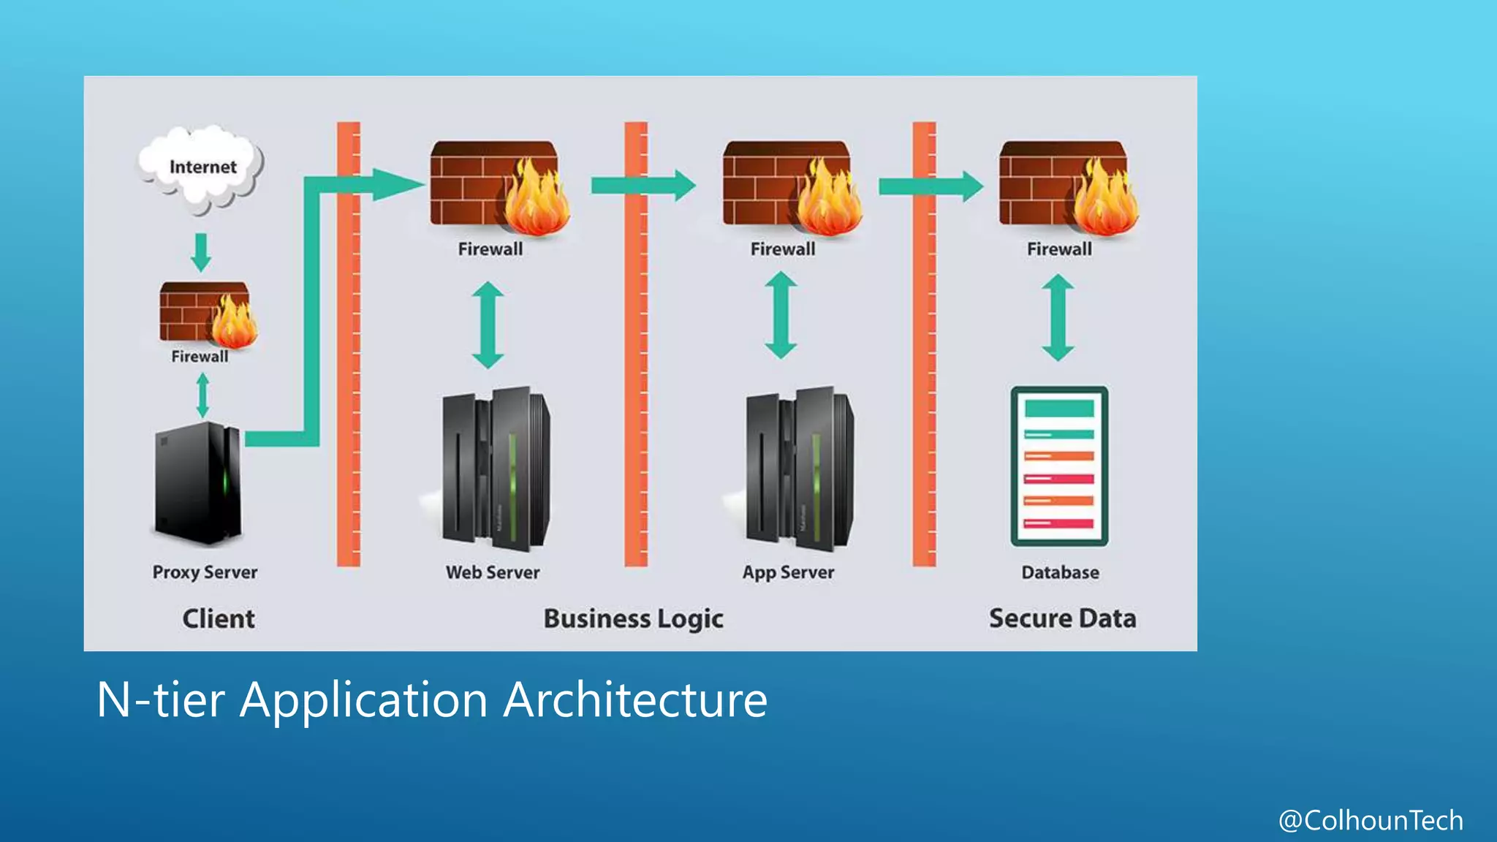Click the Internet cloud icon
pos(200,168)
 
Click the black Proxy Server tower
pos(198,483)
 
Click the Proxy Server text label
pos(205,572)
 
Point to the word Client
pos(219,619)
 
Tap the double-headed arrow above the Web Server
pos(488,325)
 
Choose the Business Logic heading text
pos(633,619)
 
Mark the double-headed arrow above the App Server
pos(781,315)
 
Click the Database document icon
pos(1059,466)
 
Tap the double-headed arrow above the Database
pos(1058,317)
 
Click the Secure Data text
pos(1062,619)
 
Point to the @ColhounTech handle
pos(1371,820)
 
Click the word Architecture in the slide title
pos(635,699)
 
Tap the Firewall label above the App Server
pos(782,249)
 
